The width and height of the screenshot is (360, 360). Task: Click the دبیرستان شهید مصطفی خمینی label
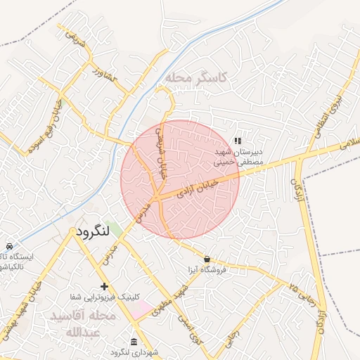(x=239, y=156)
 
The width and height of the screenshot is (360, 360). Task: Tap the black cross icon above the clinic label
(x=105, y=286)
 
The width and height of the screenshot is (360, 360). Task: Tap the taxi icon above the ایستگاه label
(x=8, y=246)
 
